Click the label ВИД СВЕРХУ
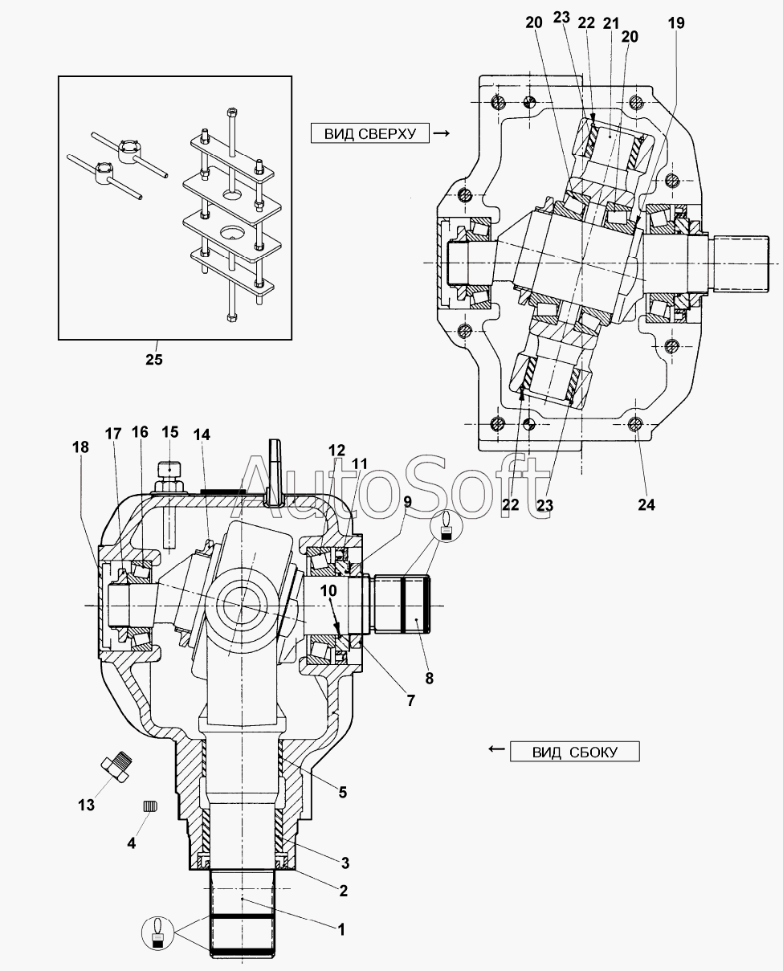coord(371,133)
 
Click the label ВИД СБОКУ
coord(574,752)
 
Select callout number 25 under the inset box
coord(153,359)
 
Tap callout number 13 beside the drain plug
coord(86,804)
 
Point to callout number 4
coord(133,842)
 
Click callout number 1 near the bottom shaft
coord(341,929)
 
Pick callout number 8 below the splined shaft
coord(429,677)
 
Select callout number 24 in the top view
coord(646,504)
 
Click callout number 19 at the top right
coord(675,23)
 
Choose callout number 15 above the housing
coord(169,432)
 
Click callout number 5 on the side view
coord(342,792)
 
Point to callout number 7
coord(410,700)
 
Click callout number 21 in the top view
coord(611,23)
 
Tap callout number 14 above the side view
coord(202,434)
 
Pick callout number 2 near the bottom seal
coord(343,890)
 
